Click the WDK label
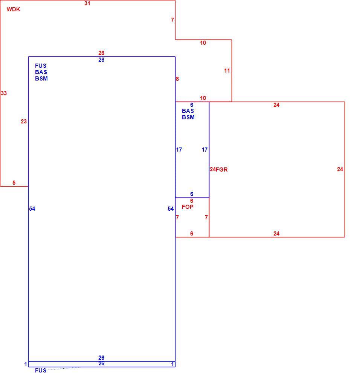click(x=13, y=9)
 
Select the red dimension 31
click(x=87, y=3)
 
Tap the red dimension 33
click(x=4, y=93)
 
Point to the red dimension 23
click(x=24, y=122)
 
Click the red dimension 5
click(x=14, y=183)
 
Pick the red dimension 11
click(x=227, y=71)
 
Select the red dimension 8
click(x=177, y=79)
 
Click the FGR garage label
click(x=222, y=170)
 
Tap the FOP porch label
click(x=188, y=207)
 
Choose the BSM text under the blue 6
click(x=188, y=117)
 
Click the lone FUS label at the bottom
click(x=41, y=371)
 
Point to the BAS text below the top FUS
click(x=41, y=72)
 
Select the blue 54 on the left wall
click(x=32, y=209)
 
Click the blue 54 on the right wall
click(x=171, y=209)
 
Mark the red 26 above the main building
click(x=101, y=53)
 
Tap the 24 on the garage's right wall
click(x=340, y=169)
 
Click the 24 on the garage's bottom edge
click(x=276, y=234)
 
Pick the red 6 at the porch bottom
click(x=192, y=234)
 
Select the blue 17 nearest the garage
click(x=204, y=150)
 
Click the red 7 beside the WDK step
click(x=172, y=20)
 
